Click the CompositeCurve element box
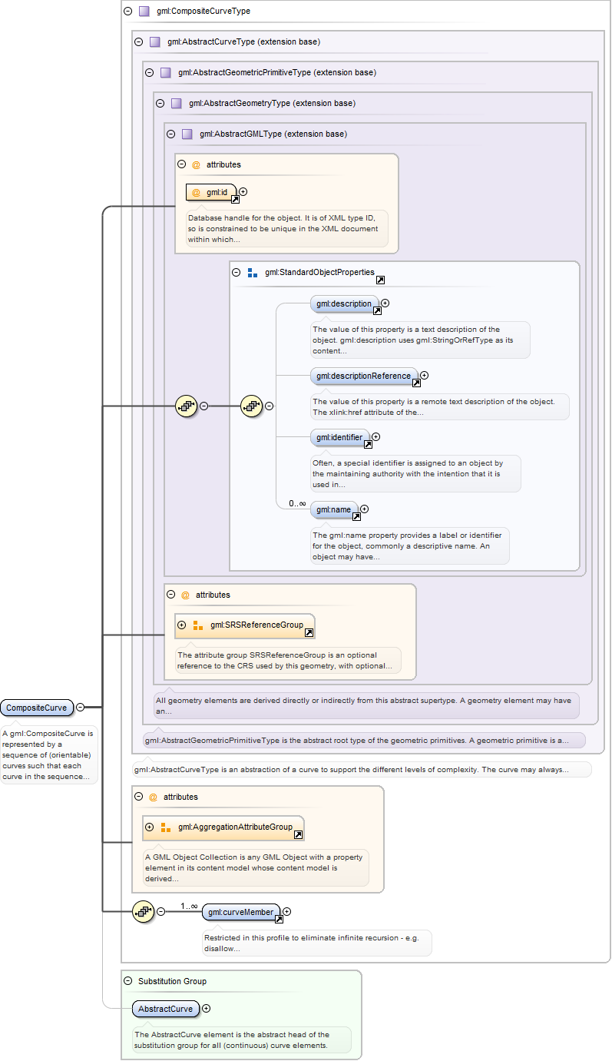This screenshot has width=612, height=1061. pyautogui.click(x=36, y=708)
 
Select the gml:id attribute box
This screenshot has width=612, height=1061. pyautogui.click(x=211, y=192)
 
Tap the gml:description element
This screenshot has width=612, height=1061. pyautogui.click(x=344, y=303)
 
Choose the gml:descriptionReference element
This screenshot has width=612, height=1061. pyautogui.click(x=364, y=376)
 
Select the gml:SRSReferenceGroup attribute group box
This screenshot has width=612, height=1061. pyautogui.click(x=245, y=625)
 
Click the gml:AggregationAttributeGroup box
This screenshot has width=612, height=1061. pyautogui.click(x=223, y=827)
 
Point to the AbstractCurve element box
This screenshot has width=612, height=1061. pyautogui.click(x=165, y=1009)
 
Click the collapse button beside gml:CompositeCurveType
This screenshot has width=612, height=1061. pyautogui.click(x=127, y=12)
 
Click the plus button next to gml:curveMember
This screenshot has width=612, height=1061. pyautogui.click(x=287, y=912)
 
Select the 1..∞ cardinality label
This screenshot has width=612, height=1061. pyautogui.click(x=189, y=906)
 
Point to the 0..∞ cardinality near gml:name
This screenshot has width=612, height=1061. pyautogui.click(x=298, y=503)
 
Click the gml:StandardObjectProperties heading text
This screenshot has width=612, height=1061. pyautogui.click(x=319, y=272)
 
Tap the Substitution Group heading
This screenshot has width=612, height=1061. pyautogui.click(x=172, y=981)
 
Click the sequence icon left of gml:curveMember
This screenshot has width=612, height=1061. pyautogui.click(x=144, y=912)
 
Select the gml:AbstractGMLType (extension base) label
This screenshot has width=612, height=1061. pyautogui.click(x=273, y=134)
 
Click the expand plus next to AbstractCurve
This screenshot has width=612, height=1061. pyautogui.click(x=206, y=1009)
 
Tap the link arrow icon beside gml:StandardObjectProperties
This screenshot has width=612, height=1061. pyautogui.click(x=380, y=280)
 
